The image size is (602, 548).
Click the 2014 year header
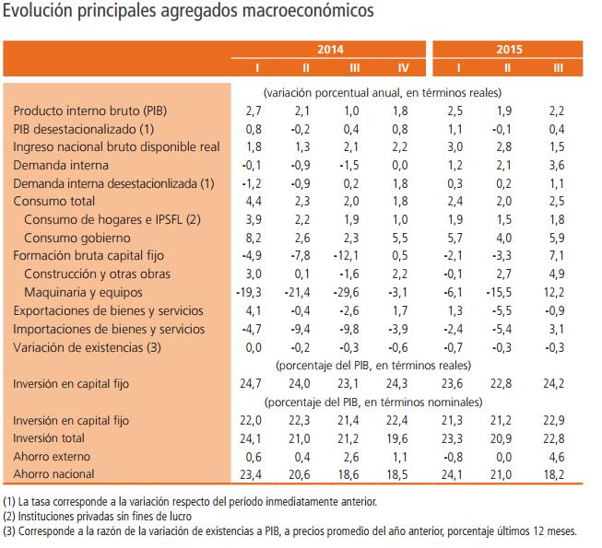pos(331,51)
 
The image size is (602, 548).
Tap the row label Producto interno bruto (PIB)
pos(90,111)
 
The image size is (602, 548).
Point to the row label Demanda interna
pos(61,166)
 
